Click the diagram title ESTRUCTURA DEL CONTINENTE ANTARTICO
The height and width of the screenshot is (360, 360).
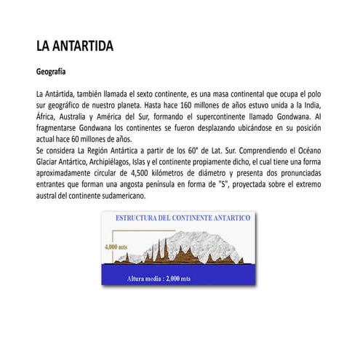(183, 218)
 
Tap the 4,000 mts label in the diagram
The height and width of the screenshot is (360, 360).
(116, 247)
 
